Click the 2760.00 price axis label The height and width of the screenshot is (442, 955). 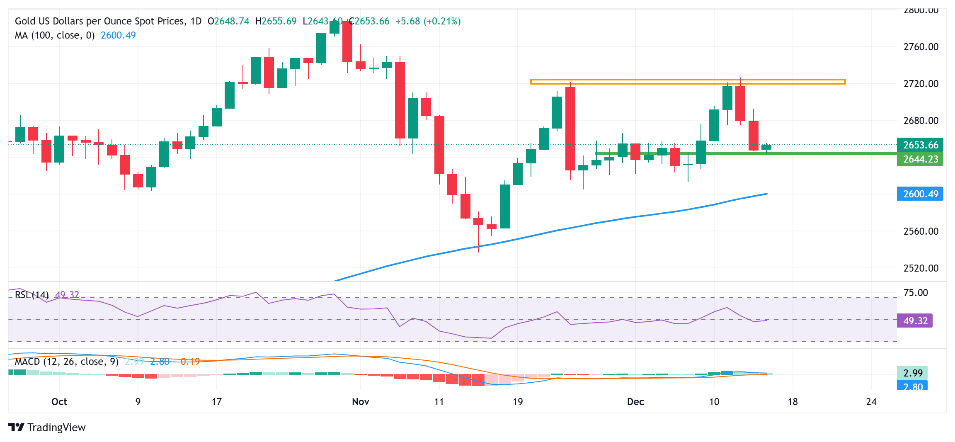pyautogui.click(x=921, y=47)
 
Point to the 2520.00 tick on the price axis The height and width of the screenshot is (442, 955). pyautogui.click(x=921, y=268)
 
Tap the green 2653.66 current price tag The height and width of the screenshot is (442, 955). pyautogui.click(x=920, y=145)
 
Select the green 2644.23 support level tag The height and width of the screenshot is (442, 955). pyautogui.click(x=920, y=159)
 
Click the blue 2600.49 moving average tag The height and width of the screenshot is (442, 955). pyautogui.click(x=920, y=194)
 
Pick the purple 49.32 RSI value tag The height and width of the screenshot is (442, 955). pyautogui.click(x=915, y=321)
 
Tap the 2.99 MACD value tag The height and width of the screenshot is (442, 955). pyautogui.click(x=912, y=373)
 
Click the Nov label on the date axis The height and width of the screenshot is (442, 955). pyautogui.click(x=360, y=402)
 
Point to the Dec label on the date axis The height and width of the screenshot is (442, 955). pyautogui.click(x=635, y=402)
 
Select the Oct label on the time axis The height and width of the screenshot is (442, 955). pyautogui.click(x=59, y=402)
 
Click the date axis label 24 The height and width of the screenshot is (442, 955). pyautogui.click(x=871, y=402)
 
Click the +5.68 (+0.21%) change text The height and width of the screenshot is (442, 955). pyautogui.click(x=428, y=21)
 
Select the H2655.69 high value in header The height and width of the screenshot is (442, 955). pyautogui.click(x=276, y=21)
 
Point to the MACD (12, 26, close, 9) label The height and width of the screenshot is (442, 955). pyautogui.click(x=67, y=362)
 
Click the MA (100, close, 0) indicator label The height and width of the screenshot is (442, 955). pyautogui.click(x=55, y=35)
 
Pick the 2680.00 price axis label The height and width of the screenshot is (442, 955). pyautogui.click(x=921, y=121)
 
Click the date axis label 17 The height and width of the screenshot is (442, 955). pyautogui.click(x=216, y=402)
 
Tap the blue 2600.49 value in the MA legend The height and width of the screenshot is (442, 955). pyautogui.click(x=118, y=35)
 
